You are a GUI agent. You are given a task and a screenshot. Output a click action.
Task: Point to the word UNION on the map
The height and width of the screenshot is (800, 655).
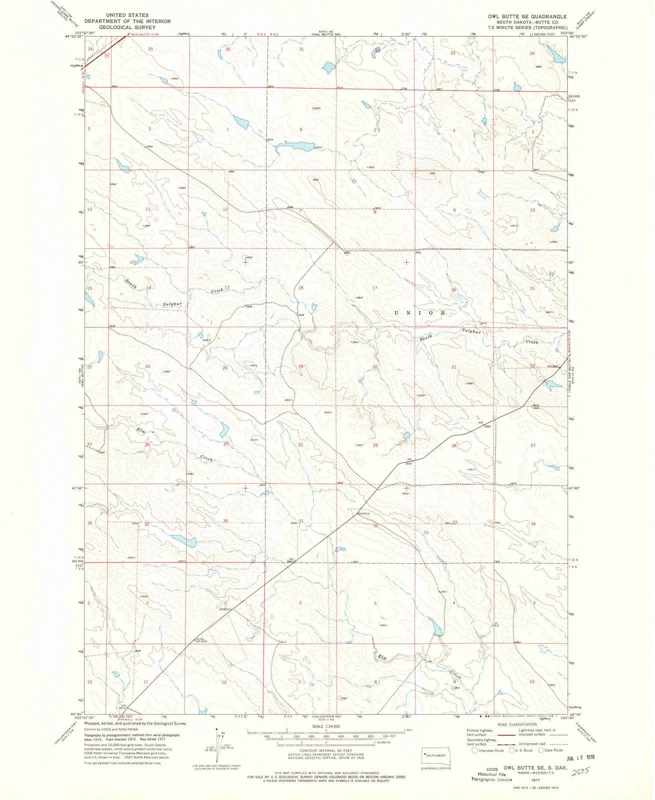point(419,312)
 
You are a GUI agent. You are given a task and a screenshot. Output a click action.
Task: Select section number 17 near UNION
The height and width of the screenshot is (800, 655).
point(375,288)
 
